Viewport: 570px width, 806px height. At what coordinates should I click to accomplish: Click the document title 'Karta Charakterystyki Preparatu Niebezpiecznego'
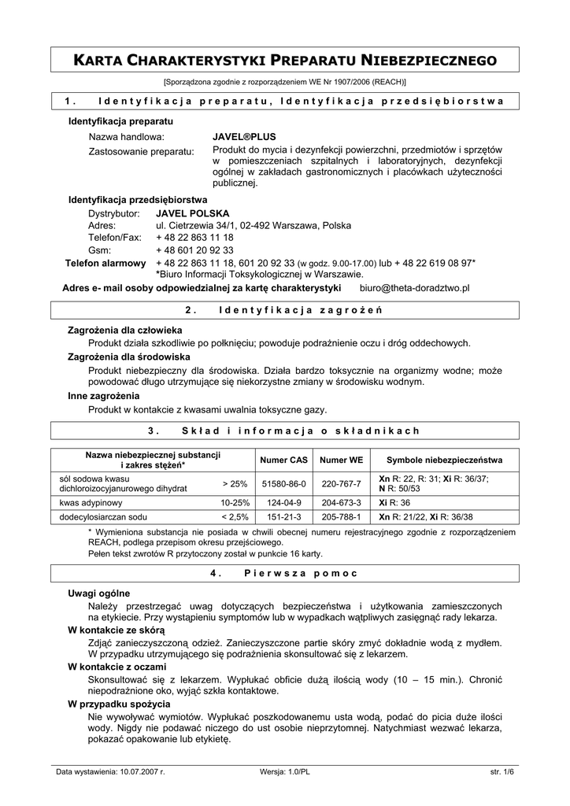[x=285, y=60]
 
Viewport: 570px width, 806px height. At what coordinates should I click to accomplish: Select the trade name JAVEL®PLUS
[x=244, y=136]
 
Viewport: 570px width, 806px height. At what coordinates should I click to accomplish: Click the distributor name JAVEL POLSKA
[x=193, y=213]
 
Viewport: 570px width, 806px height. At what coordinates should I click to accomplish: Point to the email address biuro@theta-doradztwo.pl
[x=420, y=289]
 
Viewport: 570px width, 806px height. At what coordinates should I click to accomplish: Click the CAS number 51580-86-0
[x=283, y=483]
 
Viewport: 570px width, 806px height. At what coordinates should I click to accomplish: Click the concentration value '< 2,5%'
[x=235, y=517]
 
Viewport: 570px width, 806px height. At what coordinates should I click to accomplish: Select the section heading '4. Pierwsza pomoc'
[x=285, y=574]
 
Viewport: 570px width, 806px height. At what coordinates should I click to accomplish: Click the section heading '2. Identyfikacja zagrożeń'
[x=285, y=309]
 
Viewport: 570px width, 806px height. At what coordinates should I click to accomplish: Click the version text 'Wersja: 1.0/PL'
[x=284, y=772]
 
